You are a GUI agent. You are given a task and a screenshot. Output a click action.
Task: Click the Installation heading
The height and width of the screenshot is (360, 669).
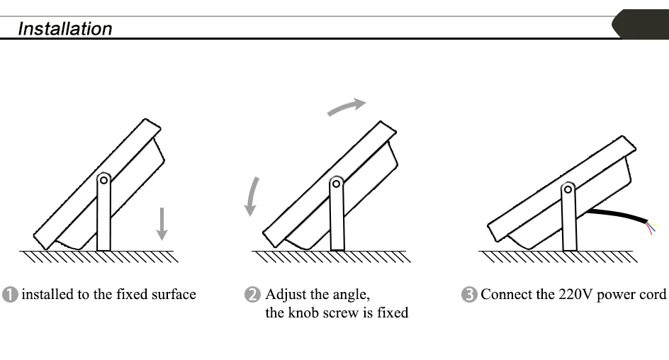64,29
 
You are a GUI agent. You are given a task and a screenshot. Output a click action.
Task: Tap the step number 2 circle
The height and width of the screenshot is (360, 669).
253,295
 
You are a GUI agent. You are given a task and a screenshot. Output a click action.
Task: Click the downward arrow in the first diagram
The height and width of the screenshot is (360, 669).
162,223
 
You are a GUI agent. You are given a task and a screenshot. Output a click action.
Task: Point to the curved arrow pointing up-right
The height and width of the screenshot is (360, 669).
346,106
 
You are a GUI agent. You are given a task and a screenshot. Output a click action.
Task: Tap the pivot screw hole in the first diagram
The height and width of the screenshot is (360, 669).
103,180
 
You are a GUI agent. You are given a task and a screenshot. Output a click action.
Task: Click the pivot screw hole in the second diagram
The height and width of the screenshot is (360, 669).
337,184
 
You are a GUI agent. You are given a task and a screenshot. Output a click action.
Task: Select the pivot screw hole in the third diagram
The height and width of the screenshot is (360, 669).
568,189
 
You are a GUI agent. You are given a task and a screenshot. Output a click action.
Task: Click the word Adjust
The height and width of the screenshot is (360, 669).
286,295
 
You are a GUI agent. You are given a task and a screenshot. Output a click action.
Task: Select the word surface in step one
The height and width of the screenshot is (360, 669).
174,295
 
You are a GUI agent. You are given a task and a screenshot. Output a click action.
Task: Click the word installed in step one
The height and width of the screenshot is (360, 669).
47,295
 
